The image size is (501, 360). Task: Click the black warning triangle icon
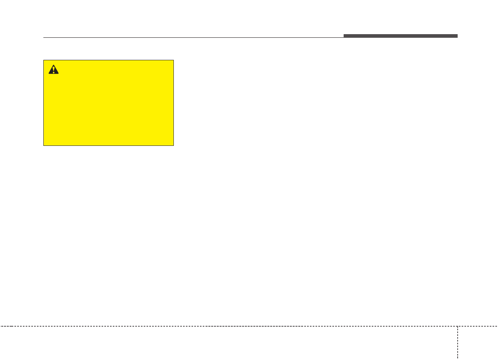53,70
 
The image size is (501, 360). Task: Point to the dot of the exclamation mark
53,72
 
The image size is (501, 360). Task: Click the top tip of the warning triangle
53,65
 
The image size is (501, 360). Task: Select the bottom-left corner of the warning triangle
49,74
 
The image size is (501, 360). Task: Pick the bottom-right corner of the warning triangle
59,74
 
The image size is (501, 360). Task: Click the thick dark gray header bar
400,36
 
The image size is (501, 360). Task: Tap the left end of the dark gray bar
344,36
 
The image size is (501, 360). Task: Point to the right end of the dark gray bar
457,36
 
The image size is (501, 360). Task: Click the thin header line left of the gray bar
193,38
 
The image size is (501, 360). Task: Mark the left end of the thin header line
44,38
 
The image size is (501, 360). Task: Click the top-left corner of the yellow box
44,60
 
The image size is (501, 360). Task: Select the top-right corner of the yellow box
173,60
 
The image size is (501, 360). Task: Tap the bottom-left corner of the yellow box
44,145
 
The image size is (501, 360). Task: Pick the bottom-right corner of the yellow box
173,145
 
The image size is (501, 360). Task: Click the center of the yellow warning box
108,103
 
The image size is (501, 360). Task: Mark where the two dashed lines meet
457,326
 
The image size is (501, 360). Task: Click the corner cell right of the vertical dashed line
479,343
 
